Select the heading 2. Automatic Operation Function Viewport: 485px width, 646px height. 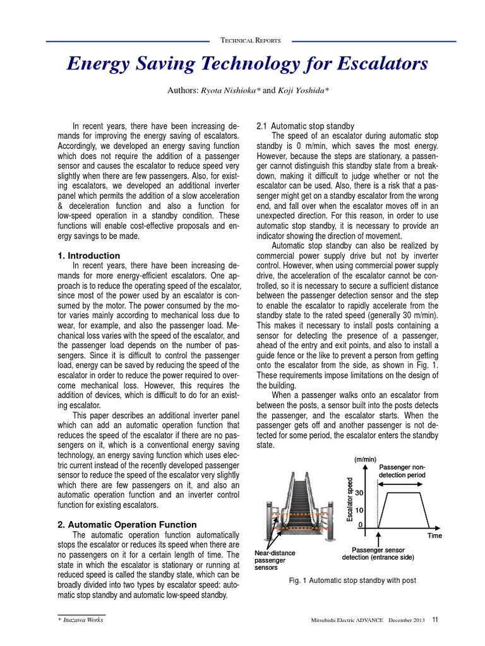pyautogui.click(x=127, y=524)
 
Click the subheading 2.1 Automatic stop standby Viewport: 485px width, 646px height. pyautogui.click(x=305, y=126)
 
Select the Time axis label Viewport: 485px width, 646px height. pyautogui.click(x=434, y=536)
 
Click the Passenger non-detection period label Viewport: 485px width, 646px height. pyautogui.click(x=403, y=470)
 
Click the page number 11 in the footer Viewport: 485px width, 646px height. pyautogui.click(x=435, y=620)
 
